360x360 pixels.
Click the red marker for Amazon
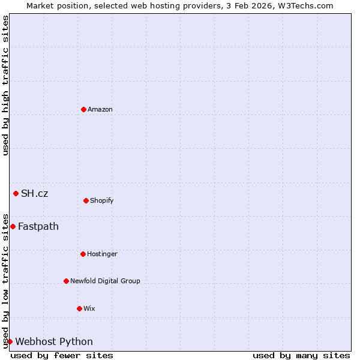tap(84, 109)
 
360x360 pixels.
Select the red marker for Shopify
tap(86, 200)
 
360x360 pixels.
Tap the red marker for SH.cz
tap(16, 193)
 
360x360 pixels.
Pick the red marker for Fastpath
tap(13, 226)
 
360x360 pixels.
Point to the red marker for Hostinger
tap(83, 254)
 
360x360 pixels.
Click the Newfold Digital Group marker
tap(67, 281)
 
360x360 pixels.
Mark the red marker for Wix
tap(80, 308)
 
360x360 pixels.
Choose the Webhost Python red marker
tap(10, 341)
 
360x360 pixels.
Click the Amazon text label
tap(100, 109)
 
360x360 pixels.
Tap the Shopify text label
tap(102, 200)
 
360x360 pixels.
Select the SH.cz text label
tap(35, 193)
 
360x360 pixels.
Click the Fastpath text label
tap(38, 226)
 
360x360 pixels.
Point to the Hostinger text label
tap(103, 254)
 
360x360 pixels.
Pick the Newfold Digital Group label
tap(105, 281)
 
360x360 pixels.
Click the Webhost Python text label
tap(54, 341)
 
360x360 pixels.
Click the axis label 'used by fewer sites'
tap(62, 355)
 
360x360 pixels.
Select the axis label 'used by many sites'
tap(301, 355)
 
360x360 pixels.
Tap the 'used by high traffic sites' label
tap(5, 85)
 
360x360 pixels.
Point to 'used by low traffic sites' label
tap(5, 281)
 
